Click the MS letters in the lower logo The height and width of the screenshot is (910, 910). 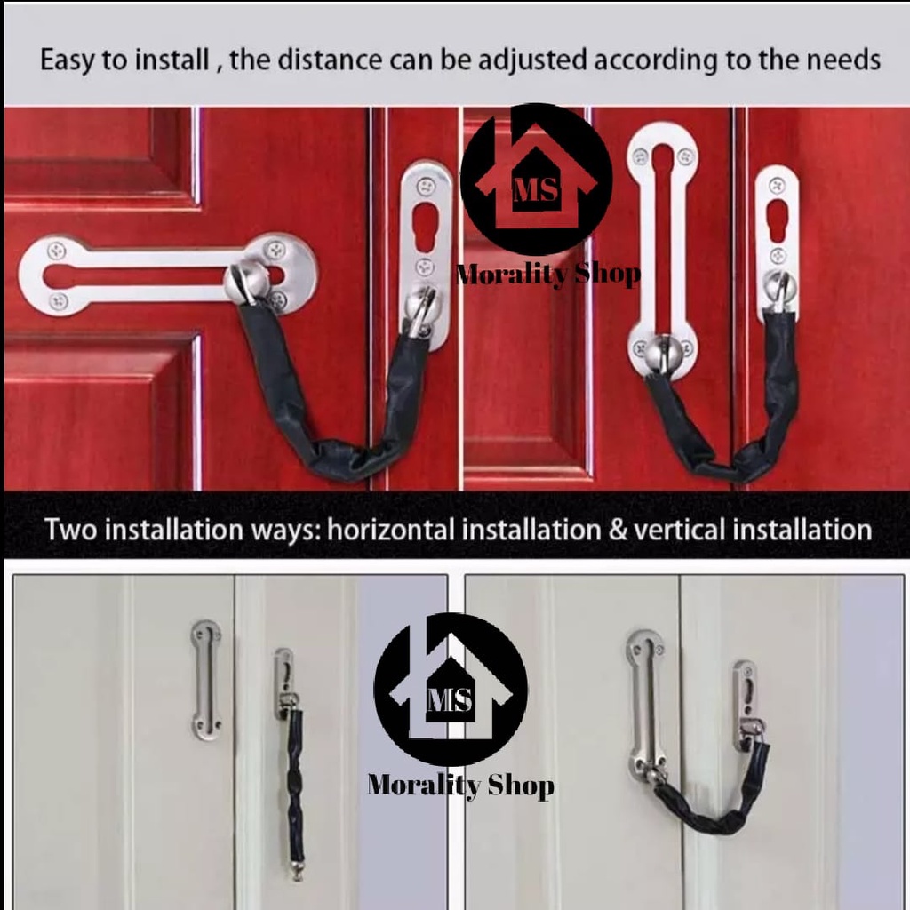coord(451,700)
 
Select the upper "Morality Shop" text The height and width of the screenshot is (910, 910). coord(548,275)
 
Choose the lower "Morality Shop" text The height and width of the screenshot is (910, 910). coord(460,785)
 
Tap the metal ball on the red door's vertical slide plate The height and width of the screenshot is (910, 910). coord(661,353)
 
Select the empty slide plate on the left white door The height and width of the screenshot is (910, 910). coord(206,680)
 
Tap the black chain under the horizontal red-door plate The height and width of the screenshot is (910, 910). coord(329,418)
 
